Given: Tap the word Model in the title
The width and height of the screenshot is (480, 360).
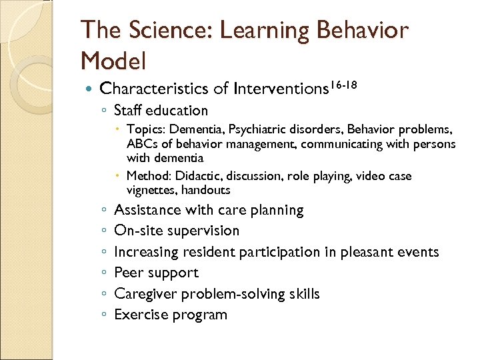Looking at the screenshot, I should pos(113,61).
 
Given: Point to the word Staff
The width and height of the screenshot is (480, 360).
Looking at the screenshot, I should pos(128,111).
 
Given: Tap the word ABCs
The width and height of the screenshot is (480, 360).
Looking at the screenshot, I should pos(142,143).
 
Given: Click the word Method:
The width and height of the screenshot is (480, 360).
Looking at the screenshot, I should pos(147,176).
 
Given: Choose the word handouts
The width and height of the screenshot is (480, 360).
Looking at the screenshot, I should pos(207,190).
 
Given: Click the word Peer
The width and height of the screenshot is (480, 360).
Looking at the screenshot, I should pos(128,273).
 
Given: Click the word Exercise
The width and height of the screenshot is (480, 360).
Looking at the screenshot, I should pos(140,315).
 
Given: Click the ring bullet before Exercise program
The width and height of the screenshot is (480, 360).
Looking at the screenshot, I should pos(103,315).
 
